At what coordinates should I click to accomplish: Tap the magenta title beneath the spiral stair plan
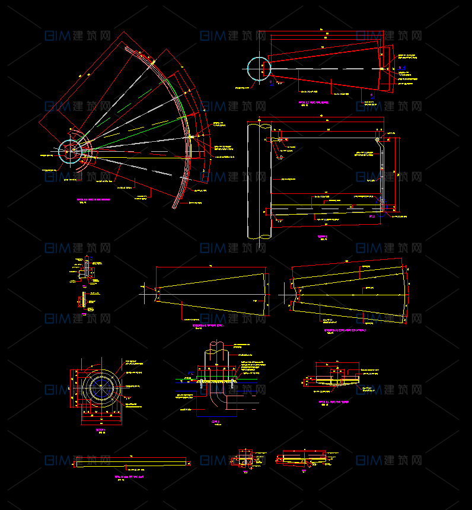click(x=94, y=200)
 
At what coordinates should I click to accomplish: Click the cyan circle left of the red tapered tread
click(x=259, y=68)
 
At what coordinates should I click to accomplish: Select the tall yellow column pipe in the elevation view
click(x=259, y=180)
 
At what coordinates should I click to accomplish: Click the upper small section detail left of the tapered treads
click(x=87, y=270)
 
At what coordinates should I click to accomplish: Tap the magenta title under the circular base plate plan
click(x=100, y=429)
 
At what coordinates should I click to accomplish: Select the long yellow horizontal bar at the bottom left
click(x=129, y=462)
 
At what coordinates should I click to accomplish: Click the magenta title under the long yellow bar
click(x=129, y=476)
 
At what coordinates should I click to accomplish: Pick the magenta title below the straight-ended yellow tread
click(x=208, y=326)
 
